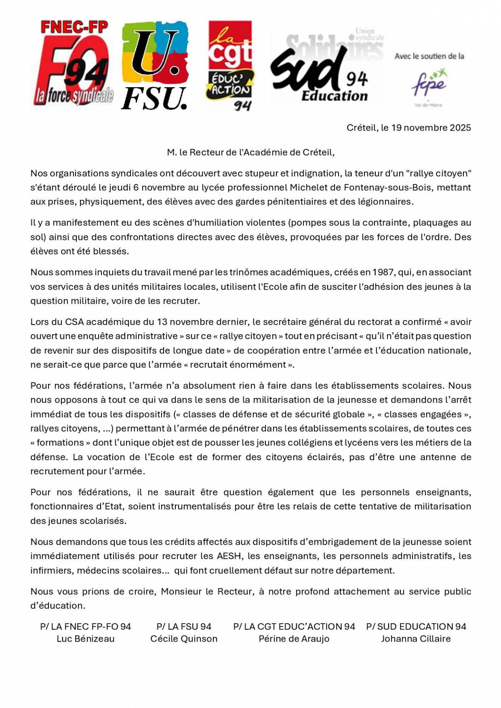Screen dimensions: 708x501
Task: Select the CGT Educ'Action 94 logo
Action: [x=230, y=66]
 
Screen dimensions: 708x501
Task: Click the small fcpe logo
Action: [x=429, y=86]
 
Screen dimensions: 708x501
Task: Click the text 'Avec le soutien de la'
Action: [x=429, y=56]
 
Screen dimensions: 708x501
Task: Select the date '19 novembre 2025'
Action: [x=431, y=128]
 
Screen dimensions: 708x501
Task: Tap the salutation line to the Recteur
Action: [x=250, y=152]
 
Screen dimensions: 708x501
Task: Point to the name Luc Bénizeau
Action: [x=86, y=639]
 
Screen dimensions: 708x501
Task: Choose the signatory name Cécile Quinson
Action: [x=184, y=639]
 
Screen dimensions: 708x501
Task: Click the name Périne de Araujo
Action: [x=294, y=639]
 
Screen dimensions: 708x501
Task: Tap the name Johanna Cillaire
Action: [x=416, y=639]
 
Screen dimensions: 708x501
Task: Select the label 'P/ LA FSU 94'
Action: [x=184, y=627]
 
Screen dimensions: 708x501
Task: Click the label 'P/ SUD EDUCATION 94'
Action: [x=416, y=627]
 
